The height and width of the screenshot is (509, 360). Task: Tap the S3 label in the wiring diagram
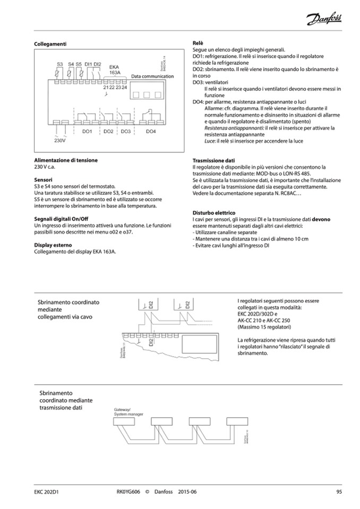click(59, 64)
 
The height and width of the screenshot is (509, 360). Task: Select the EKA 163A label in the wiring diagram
click(115, 70)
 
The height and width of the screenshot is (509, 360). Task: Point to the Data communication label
click(152, 76)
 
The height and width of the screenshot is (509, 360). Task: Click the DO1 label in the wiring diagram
click(88, 131)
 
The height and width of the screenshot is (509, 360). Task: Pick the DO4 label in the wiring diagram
click(151, 131)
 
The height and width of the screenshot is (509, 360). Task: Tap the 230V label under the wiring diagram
click(59, 141)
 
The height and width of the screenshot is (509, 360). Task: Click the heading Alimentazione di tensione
click(66, 160)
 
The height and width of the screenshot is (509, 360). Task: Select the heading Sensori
click(44, 180)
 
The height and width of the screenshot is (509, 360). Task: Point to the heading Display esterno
click(53, 245)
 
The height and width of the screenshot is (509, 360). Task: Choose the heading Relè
click(198, 42)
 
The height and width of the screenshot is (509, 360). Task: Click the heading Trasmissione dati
click(212, 160)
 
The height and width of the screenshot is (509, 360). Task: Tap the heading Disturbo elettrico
click(213, 212)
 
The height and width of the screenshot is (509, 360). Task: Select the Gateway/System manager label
click(126, 411)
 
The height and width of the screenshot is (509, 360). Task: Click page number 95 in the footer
click(339, 492)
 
